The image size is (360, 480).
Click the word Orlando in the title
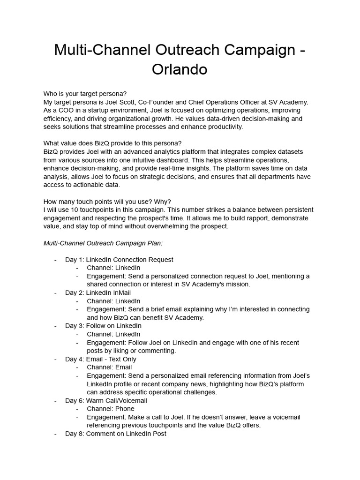(x=180, y=69)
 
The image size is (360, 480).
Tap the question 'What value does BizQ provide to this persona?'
(x=112, y=143)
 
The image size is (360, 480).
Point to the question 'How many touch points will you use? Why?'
(x=107, y=202)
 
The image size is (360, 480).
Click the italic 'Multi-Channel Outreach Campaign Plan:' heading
(x=103, y=243)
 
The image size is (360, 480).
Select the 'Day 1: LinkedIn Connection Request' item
(x=119, y=260)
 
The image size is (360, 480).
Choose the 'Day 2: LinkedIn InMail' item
(x=98, y=292)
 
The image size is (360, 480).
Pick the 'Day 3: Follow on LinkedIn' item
(x=103, y=326)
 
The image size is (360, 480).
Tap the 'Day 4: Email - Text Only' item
(x=101, y=359)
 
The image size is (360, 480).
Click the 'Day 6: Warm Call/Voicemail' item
(x=106, y=401)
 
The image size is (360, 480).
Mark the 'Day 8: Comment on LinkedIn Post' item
(x=115, y=434)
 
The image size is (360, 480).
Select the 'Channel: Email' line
(x=109, y=367)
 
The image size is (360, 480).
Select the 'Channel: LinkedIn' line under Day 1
(x=113, y=268)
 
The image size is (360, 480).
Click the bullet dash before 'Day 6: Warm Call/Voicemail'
(x=55, y=401)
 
